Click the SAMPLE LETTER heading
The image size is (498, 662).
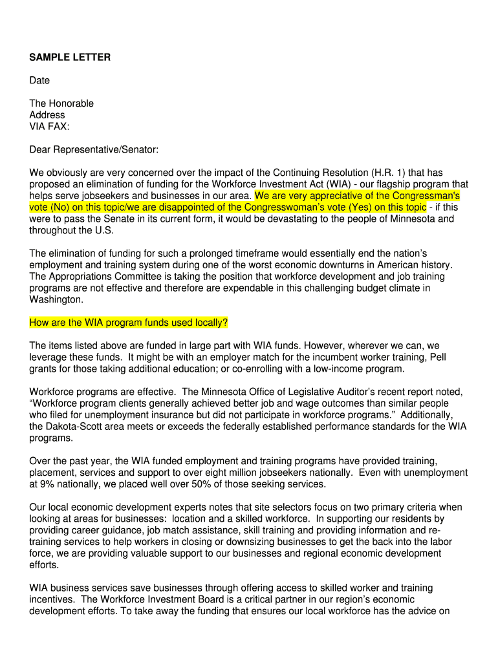pyautogui.click(x=70, y=58)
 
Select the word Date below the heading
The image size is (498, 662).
pyautogui.click(x=39, y=81)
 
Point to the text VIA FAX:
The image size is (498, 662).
pyautogui.click(x=49, y=127)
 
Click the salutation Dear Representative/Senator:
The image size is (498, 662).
pyautogui.click(x=94, y=150)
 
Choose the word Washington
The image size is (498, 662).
pyautogui.click(x=56, y=300)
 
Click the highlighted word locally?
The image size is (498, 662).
pyautogui.click(x=208, y=323)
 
